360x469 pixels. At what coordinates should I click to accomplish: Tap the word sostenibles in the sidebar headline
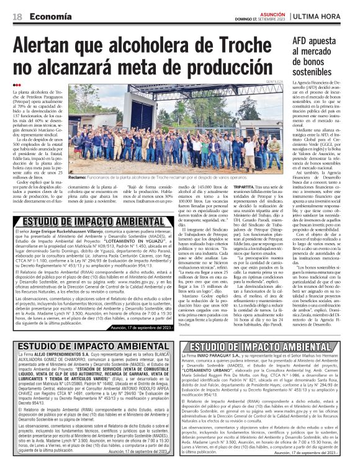pyautogui.click(x=317, y=73)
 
